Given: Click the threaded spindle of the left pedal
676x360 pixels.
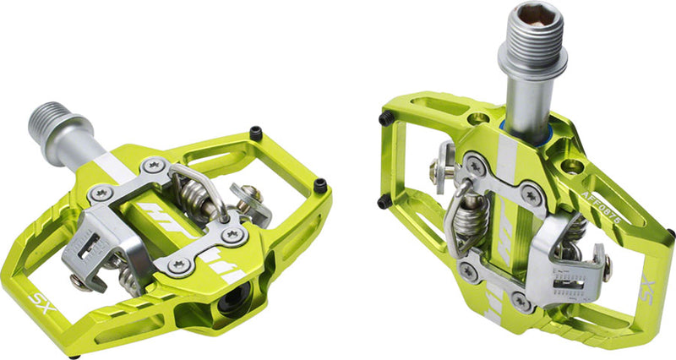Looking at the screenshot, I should click(x=54, y=122).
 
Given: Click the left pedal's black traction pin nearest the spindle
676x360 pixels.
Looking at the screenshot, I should click(x=253, y=132).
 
